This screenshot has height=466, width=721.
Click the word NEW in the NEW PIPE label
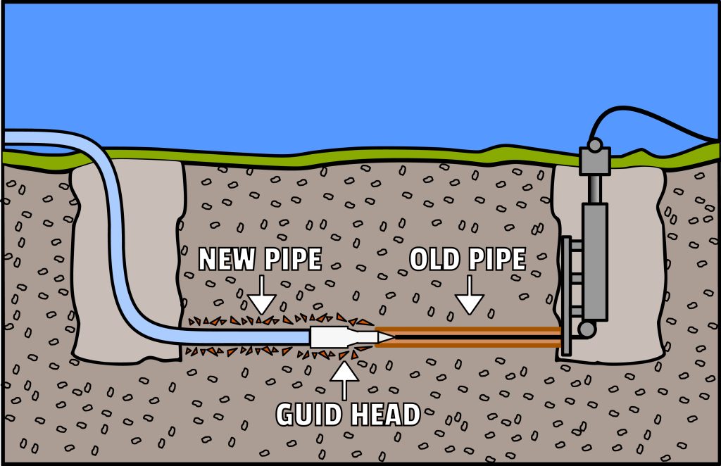click(225, 260)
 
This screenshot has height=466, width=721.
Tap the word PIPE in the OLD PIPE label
click(498, 260)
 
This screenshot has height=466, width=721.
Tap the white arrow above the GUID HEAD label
click(344, 381)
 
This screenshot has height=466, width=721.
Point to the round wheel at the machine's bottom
click(587, 329)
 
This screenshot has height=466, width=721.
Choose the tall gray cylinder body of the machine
click(595, 260)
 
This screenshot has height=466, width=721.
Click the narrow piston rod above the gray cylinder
click(595, 188)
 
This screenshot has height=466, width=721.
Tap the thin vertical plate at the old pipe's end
click(565, 296)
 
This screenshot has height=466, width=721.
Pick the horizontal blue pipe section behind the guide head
click(239, 336)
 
